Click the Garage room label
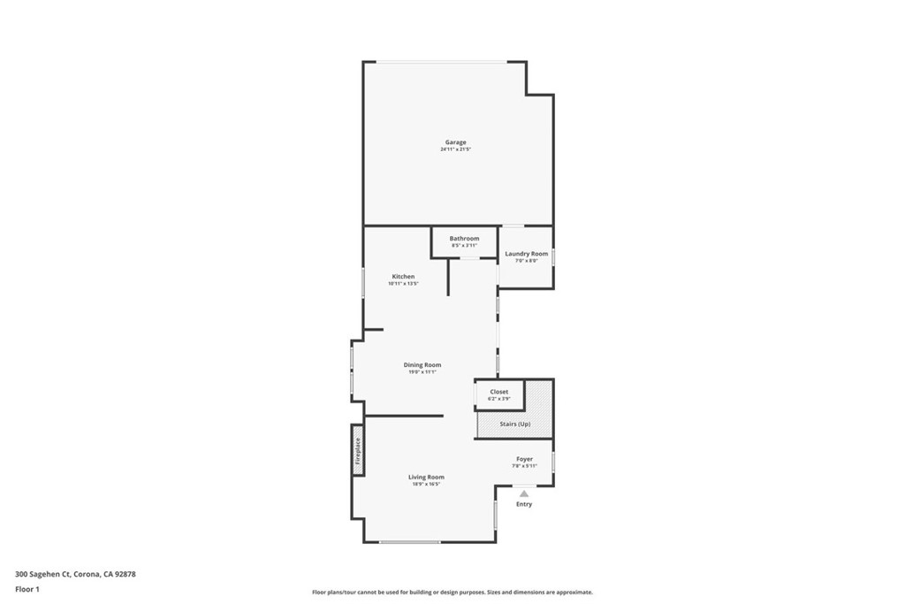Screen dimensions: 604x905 [455, 142]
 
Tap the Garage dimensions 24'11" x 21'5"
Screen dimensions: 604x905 [455, 149]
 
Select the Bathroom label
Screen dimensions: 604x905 [464, 239]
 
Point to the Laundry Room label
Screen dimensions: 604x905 [526, 254]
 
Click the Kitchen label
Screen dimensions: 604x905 [402, 277]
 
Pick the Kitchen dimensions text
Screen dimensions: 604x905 [402, 284]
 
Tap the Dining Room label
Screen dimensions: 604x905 [422, 364]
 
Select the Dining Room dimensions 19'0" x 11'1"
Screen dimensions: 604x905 [422, 372]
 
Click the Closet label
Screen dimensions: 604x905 [499, 392]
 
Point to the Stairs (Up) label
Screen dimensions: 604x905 [514, 424]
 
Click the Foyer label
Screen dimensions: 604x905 [525, 459]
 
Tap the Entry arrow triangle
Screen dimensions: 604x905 [524, 493]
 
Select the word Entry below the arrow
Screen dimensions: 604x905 [524, 504]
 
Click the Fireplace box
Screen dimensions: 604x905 [358, 450]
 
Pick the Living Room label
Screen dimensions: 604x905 [426, 477]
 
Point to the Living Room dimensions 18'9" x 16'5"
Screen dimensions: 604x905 [426, 484]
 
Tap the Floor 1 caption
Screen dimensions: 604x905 [27, 588]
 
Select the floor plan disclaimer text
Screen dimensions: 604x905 [452, 593]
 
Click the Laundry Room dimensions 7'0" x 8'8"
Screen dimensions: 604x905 [526, 261]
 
